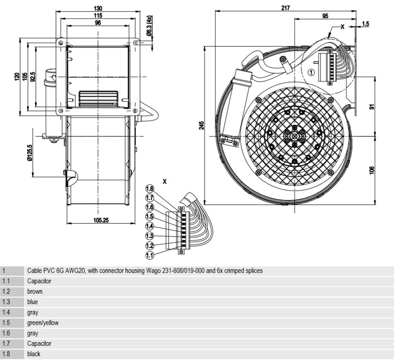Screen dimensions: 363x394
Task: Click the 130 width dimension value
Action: click(98, 8)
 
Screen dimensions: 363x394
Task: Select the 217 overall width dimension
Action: click(285, 8)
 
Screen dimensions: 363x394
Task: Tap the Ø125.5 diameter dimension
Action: click(30, 153)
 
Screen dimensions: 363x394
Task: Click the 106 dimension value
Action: click(371, 170)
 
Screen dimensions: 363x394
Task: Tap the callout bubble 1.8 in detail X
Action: click(150, 188)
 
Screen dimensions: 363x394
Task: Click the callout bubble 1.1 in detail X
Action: click(150, 255)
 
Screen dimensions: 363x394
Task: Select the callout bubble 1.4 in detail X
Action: click(150, 226)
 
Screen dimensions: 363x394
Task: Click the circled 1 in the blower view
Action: click(311, 72)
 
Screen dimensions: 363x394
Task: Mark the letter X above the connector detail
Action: click(164, 181)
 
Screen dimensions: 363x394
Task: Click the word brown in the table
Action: click(35, 291)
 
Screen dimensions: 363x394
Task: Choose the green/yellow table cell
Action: click(42, 323)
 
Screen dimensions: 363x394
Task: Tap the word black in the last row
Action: click(33, 354)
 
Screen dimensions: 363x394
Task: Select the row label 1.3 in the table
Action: click(6, 302)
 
